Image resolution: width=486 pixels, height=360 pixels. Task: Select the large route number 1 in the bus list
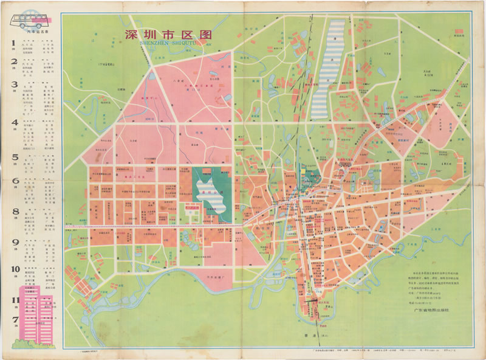pos(13,43)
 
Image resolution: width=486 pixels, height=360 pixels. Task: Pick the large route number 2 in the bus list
pos(13,62)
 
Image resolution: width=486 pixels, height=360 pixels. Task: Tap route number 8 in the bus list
pos(13,212)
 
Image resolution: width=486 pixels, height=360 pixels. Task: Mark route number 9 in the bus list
pos(13,241)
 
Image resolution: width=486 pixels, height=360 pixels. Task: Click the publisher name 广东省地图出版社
pos(430,310)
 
